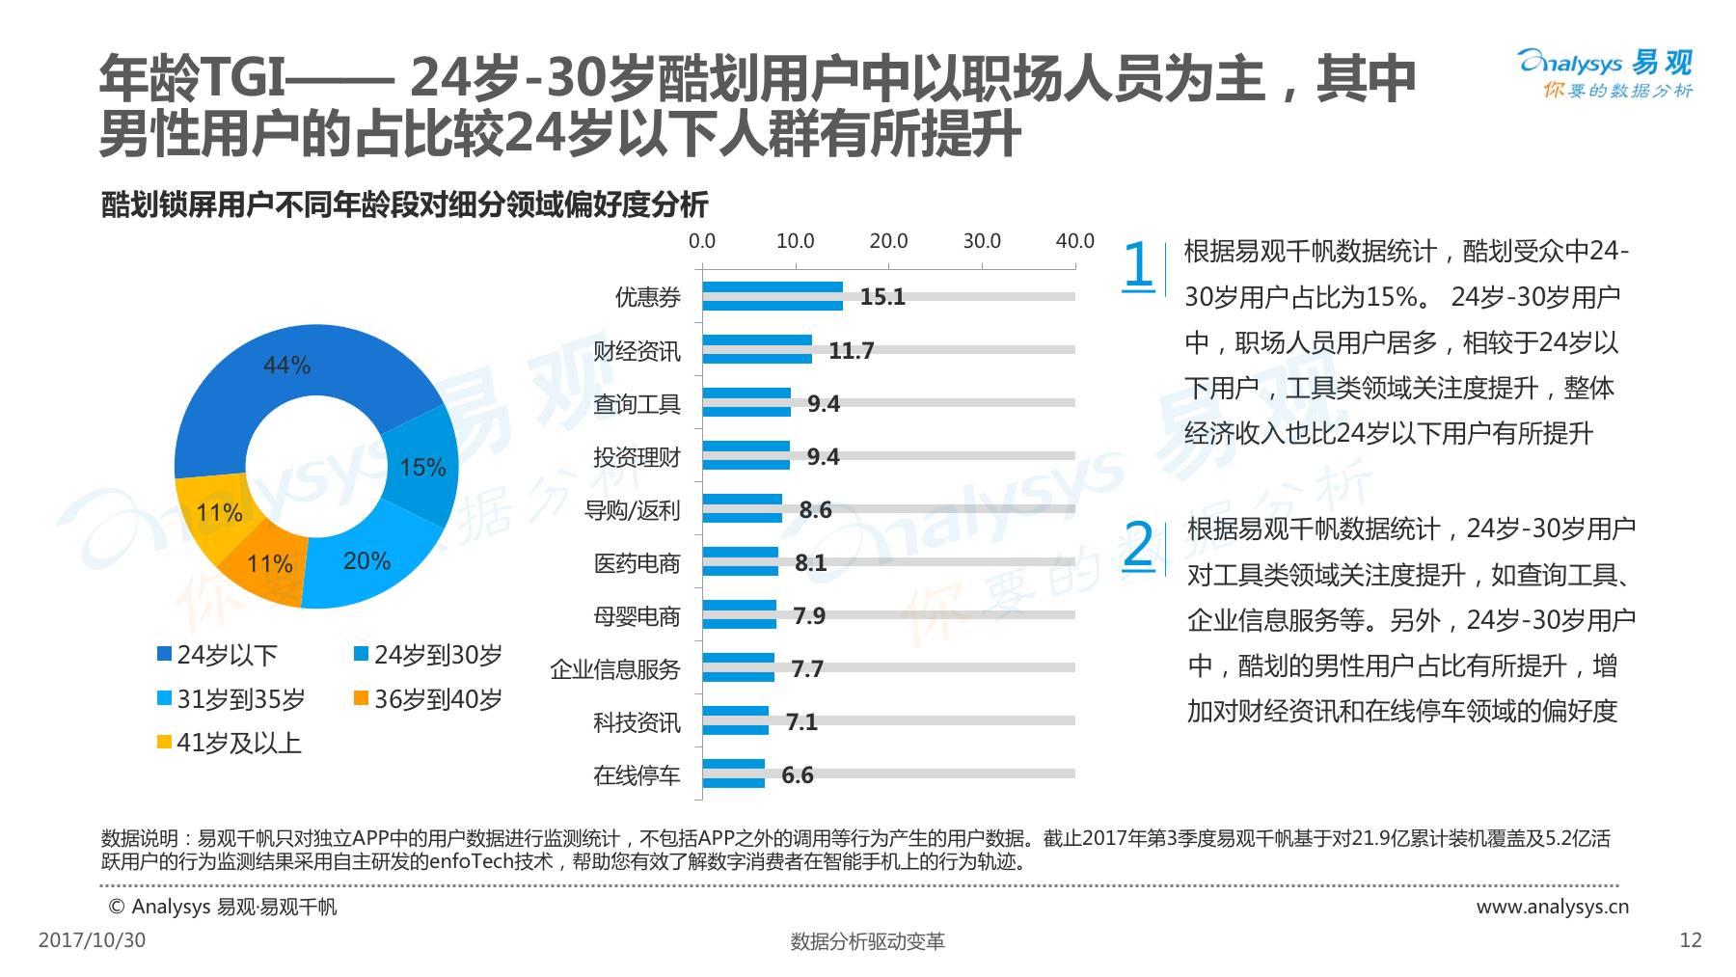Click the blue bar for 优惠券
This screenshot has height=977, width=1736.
(773, 296)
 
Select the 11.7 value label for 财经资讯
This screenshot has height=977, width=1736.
(851, 350)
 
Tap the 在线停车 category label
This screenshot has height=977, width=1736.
(637, 774)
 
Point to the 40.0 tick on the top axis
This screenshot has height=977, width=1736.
(1074, 241)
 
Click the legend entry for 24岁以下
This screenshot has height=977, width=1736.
(218, 655)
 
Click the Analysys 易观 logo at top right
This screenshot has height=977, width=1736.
(1606, 73)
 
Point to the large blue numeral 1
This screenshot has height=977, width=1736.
(1138, 265)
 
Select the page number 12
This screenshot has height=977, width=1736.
(1691, 939)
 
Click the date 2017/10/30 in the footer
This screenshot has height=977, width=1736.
(92, 939)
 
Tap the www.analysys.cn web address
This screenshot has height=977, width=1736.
(1553, 907)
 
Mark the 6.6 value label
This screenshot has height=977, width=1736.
(798, 774)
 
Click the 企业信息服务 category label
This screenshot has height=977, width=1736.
(615, 668)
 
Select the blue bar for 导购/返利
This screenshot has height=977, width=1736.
(743, 508)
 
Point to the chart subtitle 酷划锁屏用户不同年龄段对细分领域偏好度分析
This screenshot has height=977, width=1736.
(405, 204)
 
